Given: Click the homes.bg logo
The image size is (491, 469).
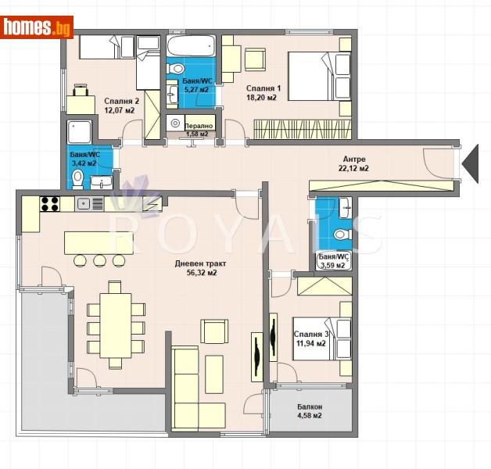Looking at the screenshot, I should [x=38, y=27].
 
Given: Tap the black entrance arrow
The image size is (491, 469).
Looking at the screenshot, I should [x=471, y=162].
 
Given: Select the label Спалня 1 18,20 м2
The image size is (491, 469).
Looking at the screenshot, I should [x=262, y=93].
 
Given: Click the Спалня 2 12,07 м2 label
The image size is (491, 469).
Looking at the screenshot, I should [x=120, y=106].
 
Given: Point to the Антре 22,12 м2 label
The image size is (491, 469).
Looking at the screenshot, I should [x=353, y=163].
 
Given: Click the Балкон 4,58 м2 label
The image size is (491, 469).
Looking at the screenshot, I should [x=309, y=411].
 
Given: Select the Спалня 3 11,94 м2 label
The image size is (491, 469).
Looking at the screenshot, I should [x=310, y=338].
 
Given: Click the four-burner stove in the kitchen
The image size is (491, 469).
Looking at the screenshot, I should [x=50, y=204].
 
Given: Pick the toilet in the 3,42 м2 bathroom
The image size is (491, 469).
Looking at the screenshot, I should [x=77, y=180].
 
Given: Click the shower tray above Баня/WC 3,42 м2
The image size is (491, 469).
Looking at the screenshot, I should [x=81, y=132].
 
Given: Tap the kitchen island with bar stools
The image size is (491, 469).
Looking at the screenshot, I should [x=98, y=243].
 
